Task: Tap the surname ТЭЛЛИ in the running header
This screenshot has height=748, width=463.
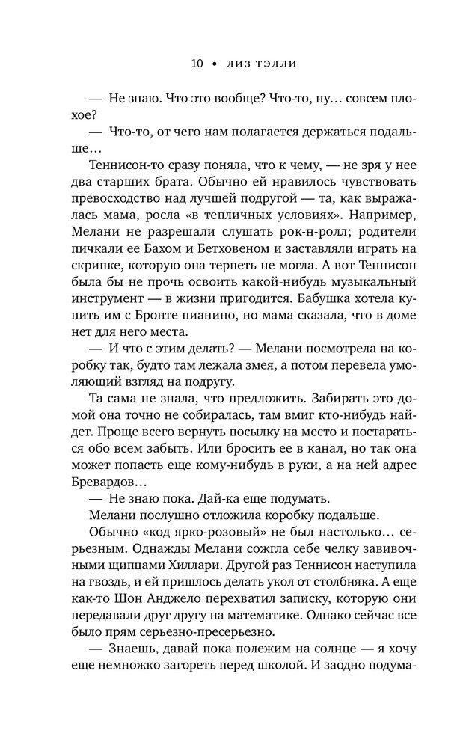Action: pyautogui.click(x=272, y=64)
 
